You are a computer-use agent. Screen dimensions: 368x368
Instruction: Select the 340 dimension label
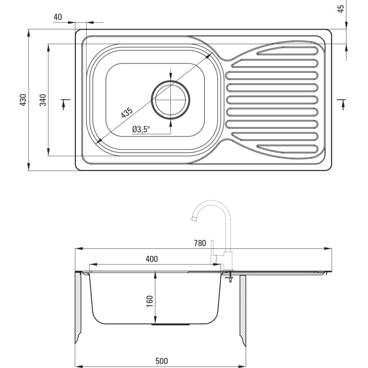click(42, 100)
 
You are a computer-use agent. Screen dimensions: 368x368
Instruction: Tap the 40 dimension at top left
click(57, 17)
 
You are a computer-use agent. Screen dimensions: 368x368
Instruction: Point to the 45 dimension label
click(341, 9)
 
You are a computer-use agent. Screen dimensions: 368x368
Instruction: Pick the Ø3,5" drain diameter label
click(141, 130)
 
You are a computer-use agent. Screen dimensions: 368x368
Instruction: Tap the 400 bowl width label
click(151, 259)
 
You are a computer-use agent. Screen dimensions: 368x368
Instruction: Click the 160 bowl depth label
click(149, 299)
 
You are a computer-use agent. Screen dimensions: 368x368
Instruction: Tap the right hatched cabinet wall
click(242, 308)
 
